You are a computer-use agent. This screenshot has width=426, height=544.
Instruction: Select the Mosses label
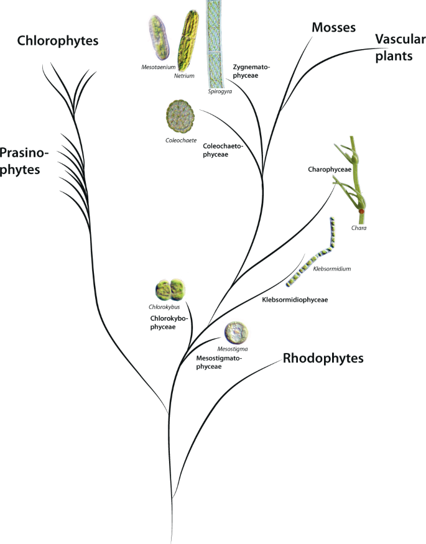[334, 27]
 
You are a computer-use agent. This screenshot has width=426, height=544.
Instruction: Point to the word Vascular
[401, 40]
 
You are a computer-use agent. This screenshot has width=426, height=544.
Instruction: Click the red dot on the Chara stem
[361, 211]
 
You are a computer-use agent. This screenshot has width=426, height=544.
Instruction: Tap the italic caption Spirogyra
[219, 91]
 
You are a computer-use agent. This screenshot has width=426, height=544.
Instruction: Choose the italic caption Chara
[357, 229]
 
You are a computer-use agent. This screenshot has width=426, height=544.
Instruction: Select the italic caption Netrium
[185, 76]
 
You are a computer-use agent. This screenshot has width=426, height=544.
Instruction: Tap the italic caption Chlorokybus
[164, 307]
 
